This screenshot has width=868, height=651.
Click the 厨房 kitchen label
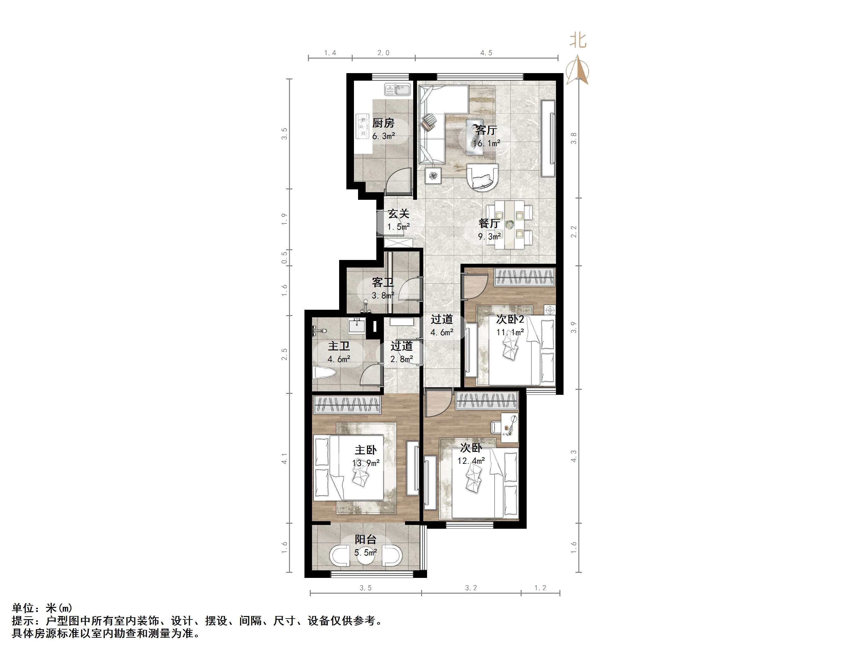point(383,123)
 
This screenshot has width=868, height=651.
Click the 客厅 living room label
point(486,130)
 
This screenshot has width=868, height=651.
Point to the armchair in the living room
point(482,177)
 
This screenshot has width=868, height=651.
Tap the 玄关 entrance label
point(398,214)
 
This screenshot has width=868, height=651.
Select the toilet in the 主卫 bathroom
point(324,373)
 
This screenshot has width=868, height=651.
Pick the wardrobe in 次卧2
point(525,277)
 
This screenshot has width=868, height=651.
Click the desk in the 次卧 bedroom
point(509,427)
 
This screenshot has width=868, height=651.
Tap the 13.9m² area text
point(366,464)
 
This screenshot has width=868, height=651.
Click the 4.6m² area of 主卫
point(339,359)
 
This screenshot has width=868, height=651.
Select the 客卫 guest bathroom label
point(383,283)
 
